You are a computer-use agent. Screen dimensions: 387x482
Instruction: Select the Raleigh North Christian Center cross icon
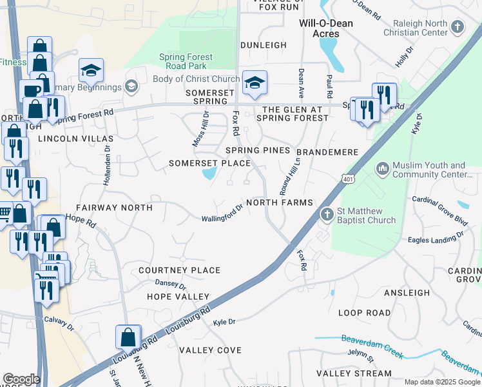coord(458,27)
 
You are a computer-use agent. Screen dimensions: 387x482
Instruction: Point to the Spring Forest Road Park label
coord(186,61)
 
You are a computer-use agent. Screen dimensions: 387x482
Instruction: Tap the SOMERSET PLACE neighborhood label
coord(209,163)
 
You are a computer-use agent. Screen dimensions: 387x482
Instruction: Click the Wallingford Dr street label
coord(222,213)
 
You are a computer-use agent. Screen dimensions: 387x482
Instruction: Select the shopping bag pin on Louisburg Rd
coord(128,337)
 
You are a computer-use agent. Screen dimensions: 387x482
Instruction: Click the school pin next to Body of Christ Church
coord(255,83)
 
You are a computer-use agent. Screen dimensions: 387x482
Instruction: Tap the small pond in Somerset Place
coord(209,174)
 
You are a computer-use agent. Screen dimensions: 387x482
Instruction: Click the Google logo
coord(21,379)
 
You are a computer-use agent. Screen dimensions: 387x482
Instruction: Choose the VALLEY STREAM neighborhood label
coord(354,373)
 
